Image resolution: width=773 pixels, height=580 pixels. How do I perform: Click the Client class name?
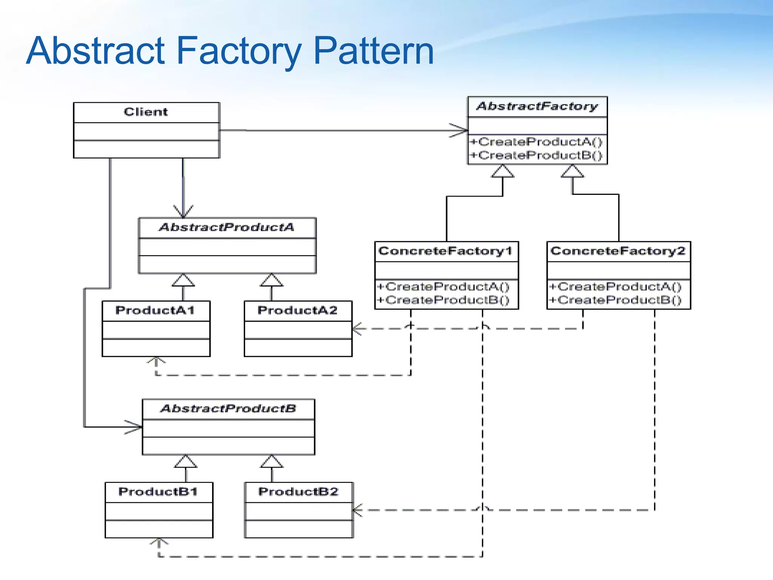146,112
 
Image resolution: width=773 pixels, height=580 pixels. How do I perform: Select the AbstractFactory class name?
537,106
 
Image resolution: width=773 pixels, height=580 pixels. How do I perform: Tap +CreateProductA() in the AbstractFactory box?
536,142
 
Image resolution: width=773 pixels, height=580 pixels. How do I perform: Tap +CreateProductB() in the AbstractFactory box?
536,155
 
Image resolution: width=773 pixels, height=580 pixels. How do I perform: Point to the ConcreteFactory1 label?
445,251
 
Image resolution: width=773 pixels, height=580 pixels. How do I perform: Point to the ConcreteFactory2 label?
618,251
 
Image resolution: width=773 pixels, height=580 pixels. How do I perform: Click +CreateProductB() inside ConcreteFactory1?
443,300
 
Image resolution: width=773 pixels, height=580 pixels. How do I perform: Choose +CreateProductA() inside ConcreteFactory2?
616,287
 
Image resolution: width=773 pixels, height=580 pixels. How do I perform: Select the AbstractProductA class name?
226,227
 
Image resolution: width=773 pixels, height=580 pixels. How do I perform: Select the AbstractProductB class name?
228,409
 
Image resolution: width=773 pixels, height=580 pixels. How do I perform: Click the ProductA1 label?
155,310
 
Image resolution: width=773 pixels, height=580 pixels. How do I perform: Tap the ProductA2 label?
297,310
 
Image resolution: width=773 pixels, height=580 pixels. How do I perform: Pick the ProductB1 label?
158,492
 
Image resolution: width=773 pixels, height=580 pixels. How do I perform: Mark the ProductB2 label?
298,492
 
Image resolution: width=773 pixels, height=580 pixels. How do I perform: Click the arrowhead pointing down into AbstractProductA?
183,211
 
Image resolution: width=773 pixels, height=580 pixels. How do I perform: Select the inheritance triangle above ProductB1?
186,461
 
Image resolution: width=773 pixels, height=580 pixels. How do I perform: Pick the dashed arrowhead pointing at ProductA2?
357,329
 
